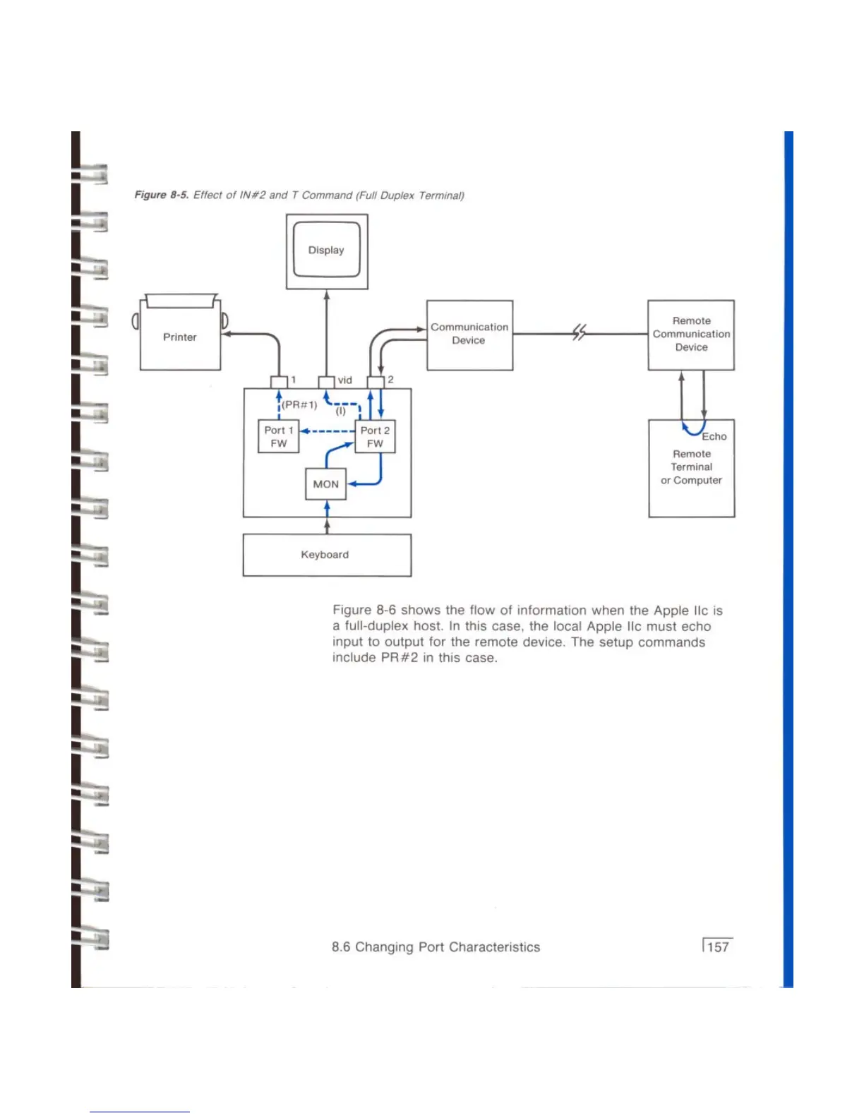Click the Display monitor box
(327, 251)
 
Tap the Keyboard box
(327, 555)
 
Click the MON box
(326, 484)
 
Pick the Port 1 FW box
(279, 437)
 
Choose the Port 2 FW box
(375, 437)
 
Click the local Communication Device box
(469, 335)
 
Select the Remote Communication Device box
(691, 335)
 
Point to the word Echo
(714, 437)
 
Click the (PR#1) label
(300, 404)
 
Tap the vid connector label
(344, 380)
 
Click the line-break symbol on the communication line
(579, 332)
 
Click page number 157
(718, 947)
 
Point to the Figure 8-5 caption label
(161, 196)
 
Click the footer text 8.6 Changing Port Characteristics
(436, 947)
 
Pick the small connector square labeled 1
(279, 382)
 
